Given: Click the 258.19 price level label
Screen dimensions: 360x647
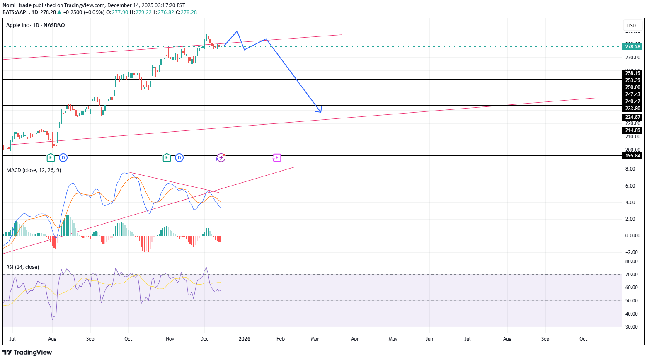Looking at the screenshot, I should (x=632, y=73).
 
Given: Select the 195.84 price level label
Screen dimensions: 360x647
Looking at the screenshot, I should (x=632, y=156).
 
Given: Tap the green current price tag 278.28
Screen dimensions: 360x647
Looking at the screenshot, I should (x=632, y=47).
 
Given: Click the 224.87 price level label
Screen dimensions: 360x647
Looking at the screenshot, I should (x=632, y=117).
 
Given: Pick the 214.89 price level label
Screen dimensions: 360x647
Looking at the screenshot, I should (x=632, y=130).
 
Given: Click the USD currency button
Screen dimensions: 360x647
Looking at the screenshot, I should (x=631, y=26).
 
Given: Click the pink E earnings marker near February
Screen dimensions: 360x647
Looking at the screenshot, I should (x=276, y=157).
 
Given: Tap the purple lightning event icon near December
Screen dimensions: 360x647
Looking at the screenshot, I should (x=221, y=157).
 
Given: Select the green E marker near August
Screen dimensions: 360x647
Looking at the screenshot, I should (x=51, y=157).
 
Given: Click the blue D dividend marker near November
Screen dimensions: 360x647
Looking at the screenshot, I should (x=179, y=157).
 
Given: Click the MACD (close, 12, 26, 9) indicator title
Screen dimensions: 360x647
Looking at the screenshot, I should (x=34, y=170).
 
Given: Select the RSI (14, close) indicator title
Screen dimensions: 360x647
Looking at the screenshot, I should (x=23, y=267).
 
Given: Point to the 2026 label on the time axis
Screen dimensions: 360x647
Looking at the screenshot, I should (x=245, y=339).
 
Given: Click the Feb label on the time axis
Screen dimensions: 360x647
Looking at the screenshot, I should (x=281, y=339).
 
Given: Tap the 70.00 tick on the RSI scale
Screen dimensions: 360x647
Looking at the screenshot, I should (x=632, y=275).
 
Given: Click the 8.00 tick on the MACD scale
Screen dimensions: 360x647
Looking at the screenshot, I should (x=630, y=169).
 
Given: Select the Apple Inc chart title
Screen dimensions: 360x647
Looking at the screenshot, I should (x=36, y=25).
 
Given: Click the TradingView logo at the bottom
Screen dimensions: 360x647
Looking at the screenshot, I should (x=27, y=353).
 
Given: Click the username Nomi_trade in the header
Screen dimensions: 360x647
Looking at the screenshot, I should (x=17, y=5).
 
